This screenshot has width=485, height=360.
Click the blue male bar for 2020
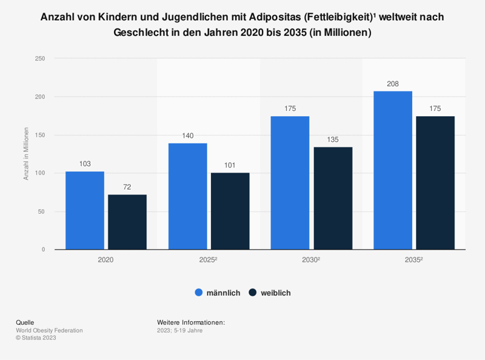click(x=85, y=210)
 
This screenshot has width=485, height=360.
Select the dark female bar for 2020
click(x=127, y=222)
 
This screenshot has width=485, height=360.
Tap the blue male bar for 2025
click(x=187, y=196)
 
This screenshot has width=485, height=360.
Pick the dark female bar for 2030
click(x=333, y=198)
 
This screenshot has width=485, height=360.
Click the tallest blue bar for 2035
click(x=393, y=170)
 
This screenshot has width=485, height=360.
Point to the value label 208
click(x=393, y=84)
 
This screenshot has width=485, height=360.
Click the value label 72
click(x=127, y=188)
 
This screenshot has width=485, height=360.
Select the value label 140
click(x=187, y=136)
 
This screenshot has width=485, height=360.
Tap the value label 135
click(x=333, y=140)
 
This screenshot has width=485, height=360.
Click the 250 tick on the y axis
click(x=39, y=59)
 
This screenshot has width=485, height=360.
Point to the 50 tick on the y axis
click(x=41, y=212)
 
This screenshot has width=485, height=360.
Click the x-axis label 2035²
click(x=414, y=259)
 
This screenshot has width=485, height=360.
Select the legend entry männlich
click(x=217, y=293)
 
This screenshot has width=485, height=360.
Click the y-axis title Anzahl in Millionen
click(x=26, y=154)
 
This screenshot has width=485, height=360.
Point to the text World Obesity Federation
click(x=49, y=330)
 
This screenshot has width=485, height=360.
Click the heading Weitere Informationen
click(x=190, y=322)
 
